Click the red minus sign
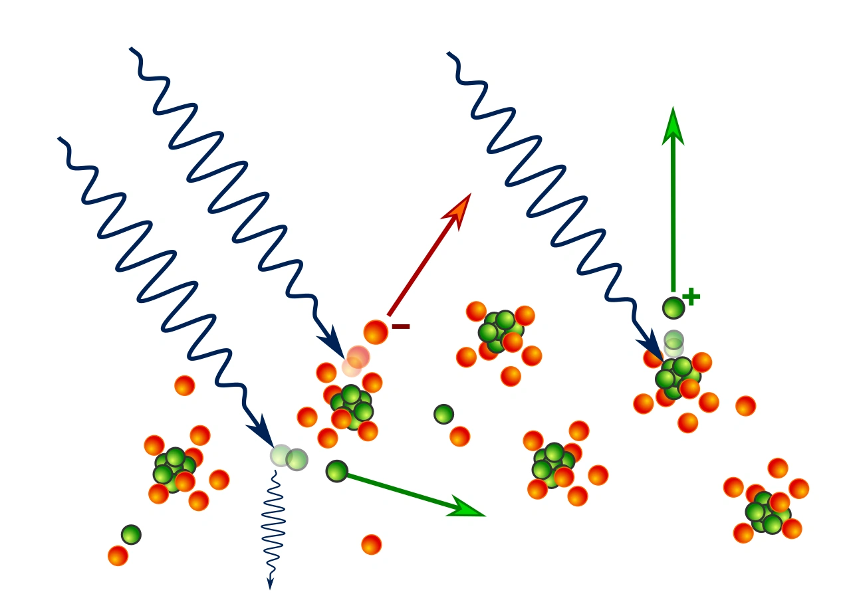point(401,326)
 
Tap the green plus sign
point(691,297)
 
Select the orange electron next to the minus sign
point(376,332)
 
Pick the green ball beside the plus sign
point(673,308)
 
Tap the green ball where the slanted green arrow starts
point(337,470)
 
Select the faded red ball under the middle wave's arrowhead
point(358,357)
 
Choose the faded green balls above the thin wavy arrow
point(289,457)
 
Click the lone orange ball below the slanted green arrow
point(371,544)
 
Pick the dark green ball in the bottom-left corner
point(131,534)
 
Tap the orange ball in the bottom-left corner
point(118,555)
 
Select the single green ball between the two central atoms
point(443,414)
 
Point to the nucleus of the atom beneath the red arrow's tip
point(501,331)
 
